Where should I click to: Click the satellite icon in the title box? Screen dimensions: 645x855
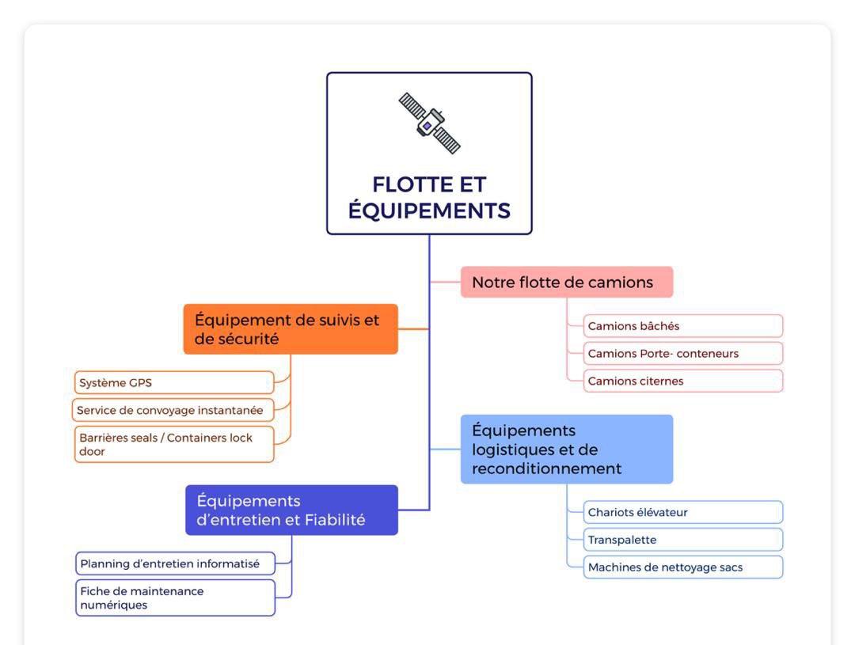tap(429, 123)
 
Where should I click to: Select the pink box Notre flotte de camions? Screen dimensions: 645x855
tap(567, 282)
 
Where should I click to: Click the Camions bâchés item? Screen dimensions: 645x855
tap(683, 326)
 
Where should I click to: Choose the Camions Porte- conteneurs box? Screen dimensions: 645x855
tap(683, 353)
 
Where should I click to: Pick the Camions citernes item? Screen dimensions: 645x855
tap(683, 381)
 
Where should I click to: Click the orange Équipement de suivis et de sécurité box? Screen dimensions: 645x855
tap(291, 329)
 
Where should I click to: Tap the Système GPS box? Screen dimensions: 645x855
tap(174, 383)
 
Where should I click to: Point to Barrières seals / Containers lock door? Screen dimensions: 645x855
tap(174, 444)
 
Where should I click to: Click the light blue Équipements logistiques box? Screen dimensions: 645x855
tap(567, 450)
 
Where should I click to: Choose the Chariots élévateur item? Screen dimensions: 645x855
tap(683, 512)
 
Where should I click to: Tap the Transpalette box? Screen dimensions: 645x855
tap(683, 540)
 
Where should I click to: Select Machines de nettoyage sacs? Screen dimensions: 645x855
tap(683, 567)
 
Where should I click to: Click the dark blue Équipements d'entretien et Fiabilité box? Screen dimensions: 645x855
tap(291, 510)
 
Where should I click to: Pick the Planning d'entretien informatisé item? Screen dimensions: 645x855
tap(175, 563)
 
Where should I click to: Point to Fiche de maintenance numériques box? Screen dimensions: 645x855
tap(175, 598)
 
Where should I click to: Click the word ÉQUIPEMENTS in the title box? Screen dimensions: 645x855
tap(429, 211)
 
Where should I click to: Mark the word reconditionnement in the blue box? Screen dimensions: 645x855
tap(546, 469)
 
